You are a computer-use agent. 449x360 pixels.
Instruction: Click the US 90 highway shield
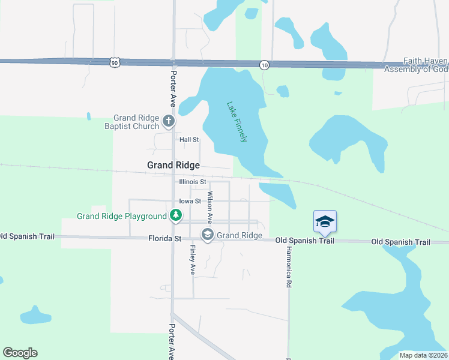point(115,62)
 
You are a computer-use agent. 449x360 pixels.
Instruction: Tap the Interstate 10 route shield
point(264,64)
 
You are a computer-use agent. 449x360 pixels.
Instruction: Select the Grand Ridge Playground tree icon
point(176,215)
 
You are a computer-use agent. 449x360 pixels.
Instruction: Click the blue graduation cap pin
point(325,221)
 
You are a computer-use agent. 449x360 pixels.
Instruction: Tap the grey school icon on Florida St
point(208,235)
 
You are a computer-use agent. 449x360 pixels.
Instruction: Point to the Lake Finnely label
point(237,121)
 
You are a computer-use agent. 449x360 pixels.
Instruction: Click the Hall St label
point(189,139)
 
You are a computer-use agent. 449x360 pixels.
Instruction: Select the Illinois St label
point(192,181)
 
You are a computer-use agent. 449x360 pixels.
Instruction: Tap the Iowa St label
point(190,201)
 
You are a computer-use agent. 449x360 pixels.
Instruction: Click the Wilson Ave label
point(209,207)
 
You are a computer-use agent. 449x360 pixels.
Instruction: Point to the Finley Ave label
point(193,260)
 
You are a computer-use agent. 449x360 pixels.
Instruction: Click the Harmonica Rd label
point(289,268)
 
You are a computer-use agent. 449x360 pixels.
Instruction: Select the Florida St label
point(164,238)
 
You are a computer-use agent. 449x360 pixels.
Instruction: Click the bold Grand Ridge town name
point(173,164)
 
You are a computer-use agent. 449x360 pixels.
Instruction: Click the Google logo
point(20,353)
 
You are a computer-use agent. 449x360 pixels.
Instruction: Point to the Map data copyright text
point(423,355)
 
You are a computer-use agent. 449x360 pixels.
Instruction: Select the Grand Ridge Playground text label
point(122,216)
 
